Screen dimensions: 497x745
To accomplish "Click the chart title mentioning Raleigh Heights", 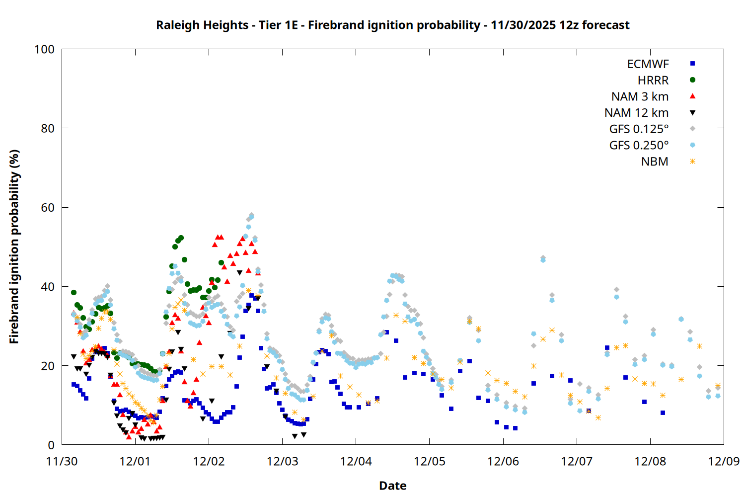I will pos(392,25).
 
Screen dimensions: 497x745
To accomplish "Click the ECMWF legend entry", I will pos(648,64).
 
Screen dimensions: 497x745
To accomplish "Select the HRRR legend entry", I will pos(653,81).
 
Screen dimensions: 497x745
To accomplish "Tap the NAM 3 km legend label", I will pos(640,96).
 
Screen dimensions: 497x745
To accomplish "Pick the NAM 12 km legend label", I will pos(636,113).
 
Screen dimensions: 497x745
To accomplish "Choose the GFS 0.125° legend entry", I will pos(639,129).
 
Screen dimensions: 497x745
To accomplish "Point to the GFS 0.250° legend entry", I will pos(639,145).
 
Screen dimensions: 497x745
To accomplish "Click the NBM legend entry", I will pos(654,162).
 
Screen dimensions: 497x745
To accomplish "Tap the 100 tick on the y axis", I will pos(44,49).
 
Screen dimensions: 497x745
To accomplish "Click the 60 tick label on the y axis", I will pos(48,208).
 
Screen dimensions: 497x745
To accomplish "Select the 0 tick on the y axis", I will pos(51,445).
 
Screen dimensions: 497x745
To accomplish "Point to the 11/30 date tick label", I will pos(62,461).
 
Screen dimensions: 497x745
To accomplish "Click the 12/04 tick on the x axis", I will pos(356,461).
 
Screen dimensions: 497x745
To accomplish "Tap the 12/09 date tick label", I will pos(724,461).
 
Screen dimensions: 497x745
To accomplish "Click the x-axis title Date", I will pos(392,486).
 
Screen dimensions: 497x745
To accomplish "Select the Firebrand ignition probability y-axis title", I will pos(14,247).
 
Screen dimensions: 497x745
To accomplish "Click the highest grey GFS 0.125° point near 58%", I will pos(251,215).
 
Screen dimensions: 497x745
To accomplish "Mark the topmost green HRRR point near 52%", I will pos(181,238).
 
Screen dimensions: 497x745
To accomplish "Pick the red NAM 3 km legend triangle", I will pos(692,96).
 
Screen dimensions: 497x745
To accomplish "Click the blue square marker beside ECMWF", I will pos(692,64).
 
